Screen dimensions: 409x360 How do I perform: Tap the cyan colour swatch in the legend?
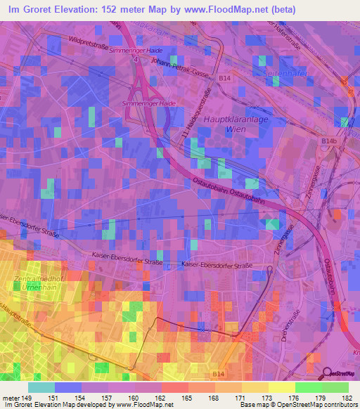click(x=41, y=387)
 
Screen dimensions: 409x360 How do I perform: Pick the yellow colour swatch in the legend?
click(x=281, y=387)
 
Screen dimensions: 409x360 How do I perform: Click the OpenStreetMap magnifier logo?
click(x=327, y=374)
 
